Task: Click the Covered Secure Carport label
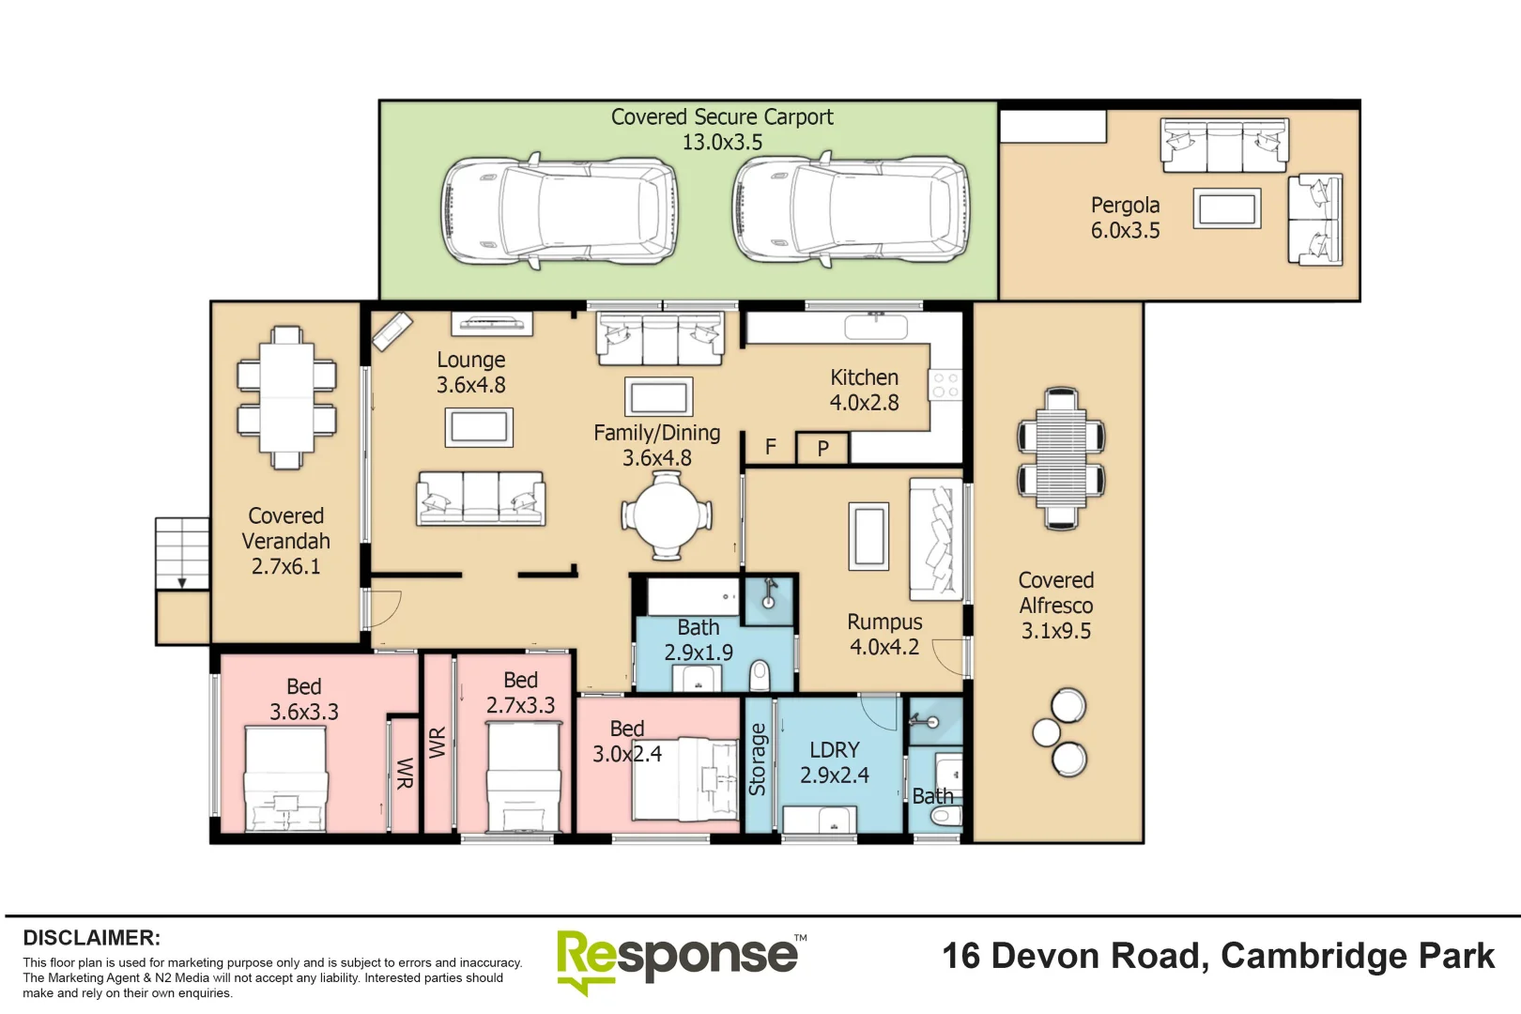pos(721,117)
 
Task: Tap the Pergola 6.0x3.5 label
pos(1125,218)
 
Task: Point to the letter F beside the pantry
pos(771,447)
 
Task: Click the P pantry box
pos(822,448)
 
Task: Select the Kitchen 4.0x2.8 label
pos(864,390)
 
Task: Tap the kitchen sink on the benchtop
pos(875,327)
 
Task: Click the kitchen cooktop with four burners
pos(945,385)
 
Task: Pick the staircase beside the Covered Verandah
pos(181,553)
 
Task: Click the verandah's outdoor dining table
pos(286,397)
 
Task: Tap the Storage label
pos(758,760)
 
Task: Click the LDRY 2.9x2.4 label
pos(834,762)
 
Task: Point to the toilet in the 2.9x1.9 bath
pos(760,675)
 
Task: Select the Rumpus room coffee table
pos(868,536)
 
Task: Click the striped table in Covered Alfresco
pos(1061,457)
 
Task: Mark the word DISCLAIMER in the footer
pos(91,938)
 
